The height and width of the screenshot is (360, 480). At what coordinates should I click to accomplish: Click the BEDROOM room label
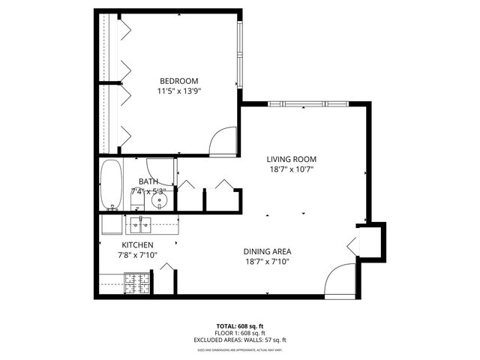[x=178, y=81]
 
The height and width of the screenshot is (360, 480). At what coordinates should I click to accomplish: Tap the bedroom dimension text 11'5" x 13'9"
[x=178, y=91]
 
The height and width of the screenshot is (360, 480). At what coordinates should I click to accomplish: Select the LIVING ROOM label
[x=292, y=159]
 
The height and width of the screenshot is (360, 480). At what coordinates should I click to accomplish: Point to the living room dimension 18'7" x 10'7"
[x=292, y=169]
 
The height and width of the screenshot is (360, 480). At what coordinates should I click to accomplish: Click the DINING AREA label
[x=266, y=251]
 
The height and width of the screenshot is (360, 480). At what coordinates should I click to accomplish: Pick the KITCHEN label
[x=138, y=245]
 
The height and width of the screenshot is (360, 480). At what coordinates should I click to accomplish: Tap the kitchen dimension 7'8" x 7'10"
[x=138, y=256]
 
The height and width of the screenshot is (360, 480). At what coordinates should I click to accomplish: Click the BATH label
[x=148, y=181]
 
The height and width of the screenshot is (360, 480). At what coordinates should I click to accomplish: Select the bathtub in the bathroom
[x=111, y=185]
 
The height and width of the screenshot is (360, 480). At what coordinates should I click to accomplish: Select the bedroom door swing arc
[x=223, y=141]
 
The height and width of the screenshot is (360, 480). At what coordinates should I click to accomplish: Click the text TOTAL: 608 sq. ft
[x=240, y=325]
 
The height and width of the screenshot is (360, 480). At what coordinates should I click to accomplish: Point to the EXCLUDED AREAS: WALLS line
[x=240, y=340]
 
